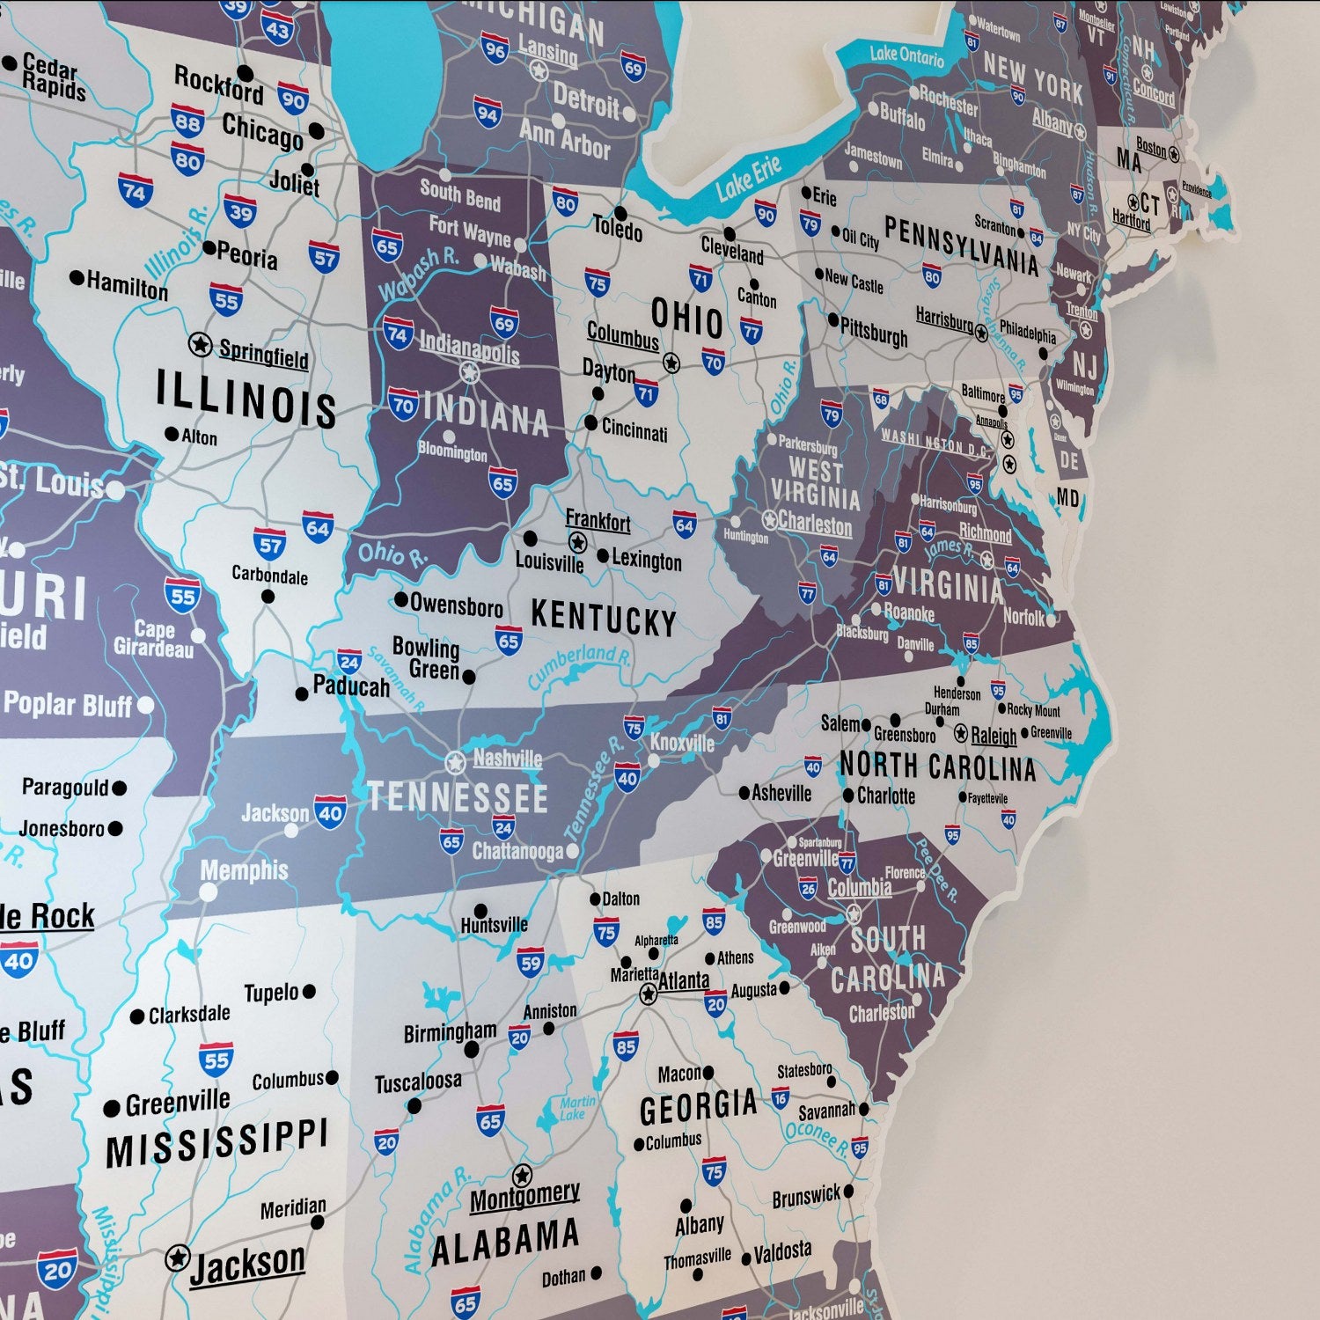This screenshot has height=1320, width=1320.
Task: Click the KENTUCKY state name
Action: [604, 619]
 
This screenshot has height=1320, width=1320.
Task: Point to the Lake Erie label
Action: [748, 178]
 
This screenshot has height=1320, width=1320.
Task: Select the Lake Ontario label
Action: [906, 55]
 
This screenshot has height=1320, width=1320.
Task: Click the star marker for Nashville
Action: [455, 762]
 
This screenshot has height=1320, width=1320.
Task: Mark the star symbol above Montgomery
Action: [522, 1175]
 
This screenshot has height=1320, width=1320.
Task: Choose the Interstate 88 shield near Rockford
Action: [187, 121]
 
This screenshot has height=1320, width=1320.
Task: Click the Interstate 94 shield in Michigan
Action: [488, 113]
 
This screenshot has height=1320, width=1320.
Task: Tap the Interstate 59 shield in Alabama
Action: [531, 963]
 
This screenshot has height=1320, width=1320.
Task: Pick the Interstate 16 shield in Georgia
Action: [780, 1097]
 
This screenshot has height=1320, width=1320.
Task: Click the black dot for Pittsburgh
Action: [833, 319]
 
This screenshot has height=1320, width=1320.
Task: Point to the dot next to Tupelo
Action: [309, 992]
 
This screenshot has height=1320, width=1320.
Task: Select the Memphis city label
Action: [244, 870]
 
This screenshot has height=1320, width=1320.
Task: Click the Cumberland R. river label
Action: [579, 665]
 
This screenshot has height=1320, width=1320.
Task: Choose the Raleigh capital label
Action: [994, 736]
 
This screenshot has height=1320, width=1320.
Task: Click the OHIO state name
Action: [686, 318]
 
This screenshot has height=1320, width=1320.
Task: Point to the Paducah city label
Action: [351, 686]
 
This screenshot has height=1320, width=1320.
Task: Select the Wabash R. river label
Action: [418, 274]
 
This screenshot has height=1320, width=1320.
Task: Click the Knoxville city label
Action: [682, 743]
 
